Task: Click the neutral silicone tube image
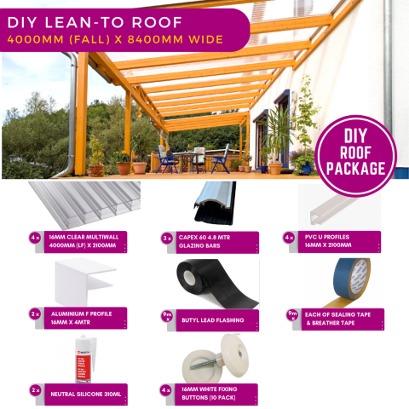coord(84,358)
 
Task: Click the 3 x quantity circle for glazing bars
coord(166,238)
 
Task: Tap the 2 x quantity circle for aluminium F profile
coord(35,314)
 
